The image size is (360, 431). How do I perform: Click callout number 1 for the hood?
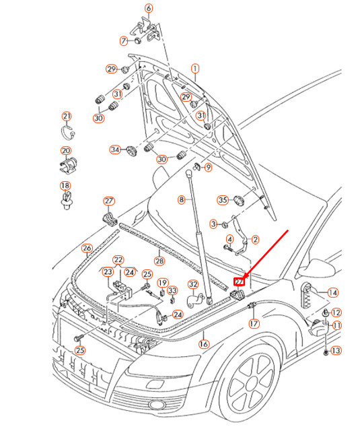point(195,69)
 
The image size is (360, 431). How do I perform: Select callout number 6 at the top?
point(149,8)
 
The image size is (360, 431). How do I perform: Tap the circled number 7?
point(124,40)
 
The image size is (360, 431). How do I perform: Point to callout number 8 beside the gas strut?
point(181,200)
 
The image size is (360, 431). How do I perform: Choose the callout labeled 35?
point(222,200)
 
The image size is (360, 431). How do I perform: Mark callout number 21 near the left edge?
point(66,117)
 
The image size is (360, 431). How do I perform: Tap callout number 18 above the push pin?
point(65,186)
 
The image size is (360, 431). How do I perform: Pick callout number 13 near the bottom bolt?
point(336,351)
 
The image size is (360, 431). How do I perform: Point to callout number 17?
point(254,323)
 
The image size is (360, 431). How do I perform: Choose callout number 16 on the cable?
point(204,343)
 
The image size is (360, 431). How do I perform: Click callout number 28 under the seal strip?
point(159,261)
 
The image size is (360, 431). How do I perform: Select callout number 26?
point(87,248)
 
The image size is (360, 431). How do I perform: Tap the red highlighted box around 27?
point(239,282)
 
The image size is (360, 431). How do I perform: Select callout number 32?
point(192,284)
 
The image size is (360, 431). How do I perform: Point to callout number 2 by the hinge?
point(255,239)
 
